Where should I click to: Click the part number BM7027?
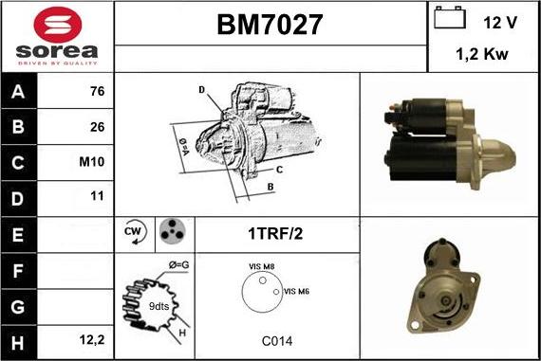click(x=270, y=26)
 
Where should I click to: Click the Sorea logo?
click(x=57, y=35)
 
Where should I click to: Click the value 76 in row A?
click(x=96, y=93)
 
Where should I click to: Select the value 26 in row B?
click(x=96, y=127)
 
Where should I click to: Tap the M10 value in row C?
click(x=92, y=162)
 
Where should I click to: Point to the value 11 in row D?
click(x=96, y=197)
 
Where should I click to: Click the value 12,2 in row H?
click(x=92, y=337)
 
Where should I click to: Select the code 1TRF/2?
click(x=275, y=232)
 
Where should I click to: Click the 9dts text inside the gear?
click(x=159, y=307)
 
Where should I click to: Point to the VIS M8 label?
click(x=262, y=268)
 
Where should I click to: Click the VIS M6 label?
click(x=296, y=291)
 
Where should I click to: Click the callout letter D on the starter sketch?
click(x=201, y=89)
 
